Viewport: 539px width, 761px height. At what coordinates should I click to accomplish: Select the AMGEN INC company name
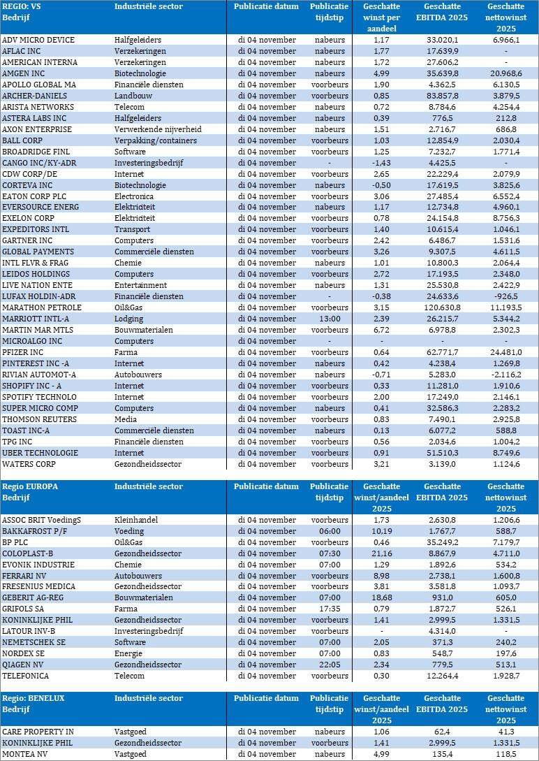(24, 73)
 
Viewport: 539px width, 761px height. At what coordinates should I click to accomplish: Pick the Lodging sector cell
(128, 319)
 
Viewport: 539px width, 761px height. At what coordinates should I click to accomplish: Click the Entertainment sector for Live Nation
(140, 285)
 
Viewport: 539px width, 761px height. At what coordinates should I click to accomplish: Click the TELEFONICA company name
(26, 676)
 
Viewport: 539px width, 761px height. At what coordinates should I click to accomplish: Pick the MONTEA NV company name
(25, 754)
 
